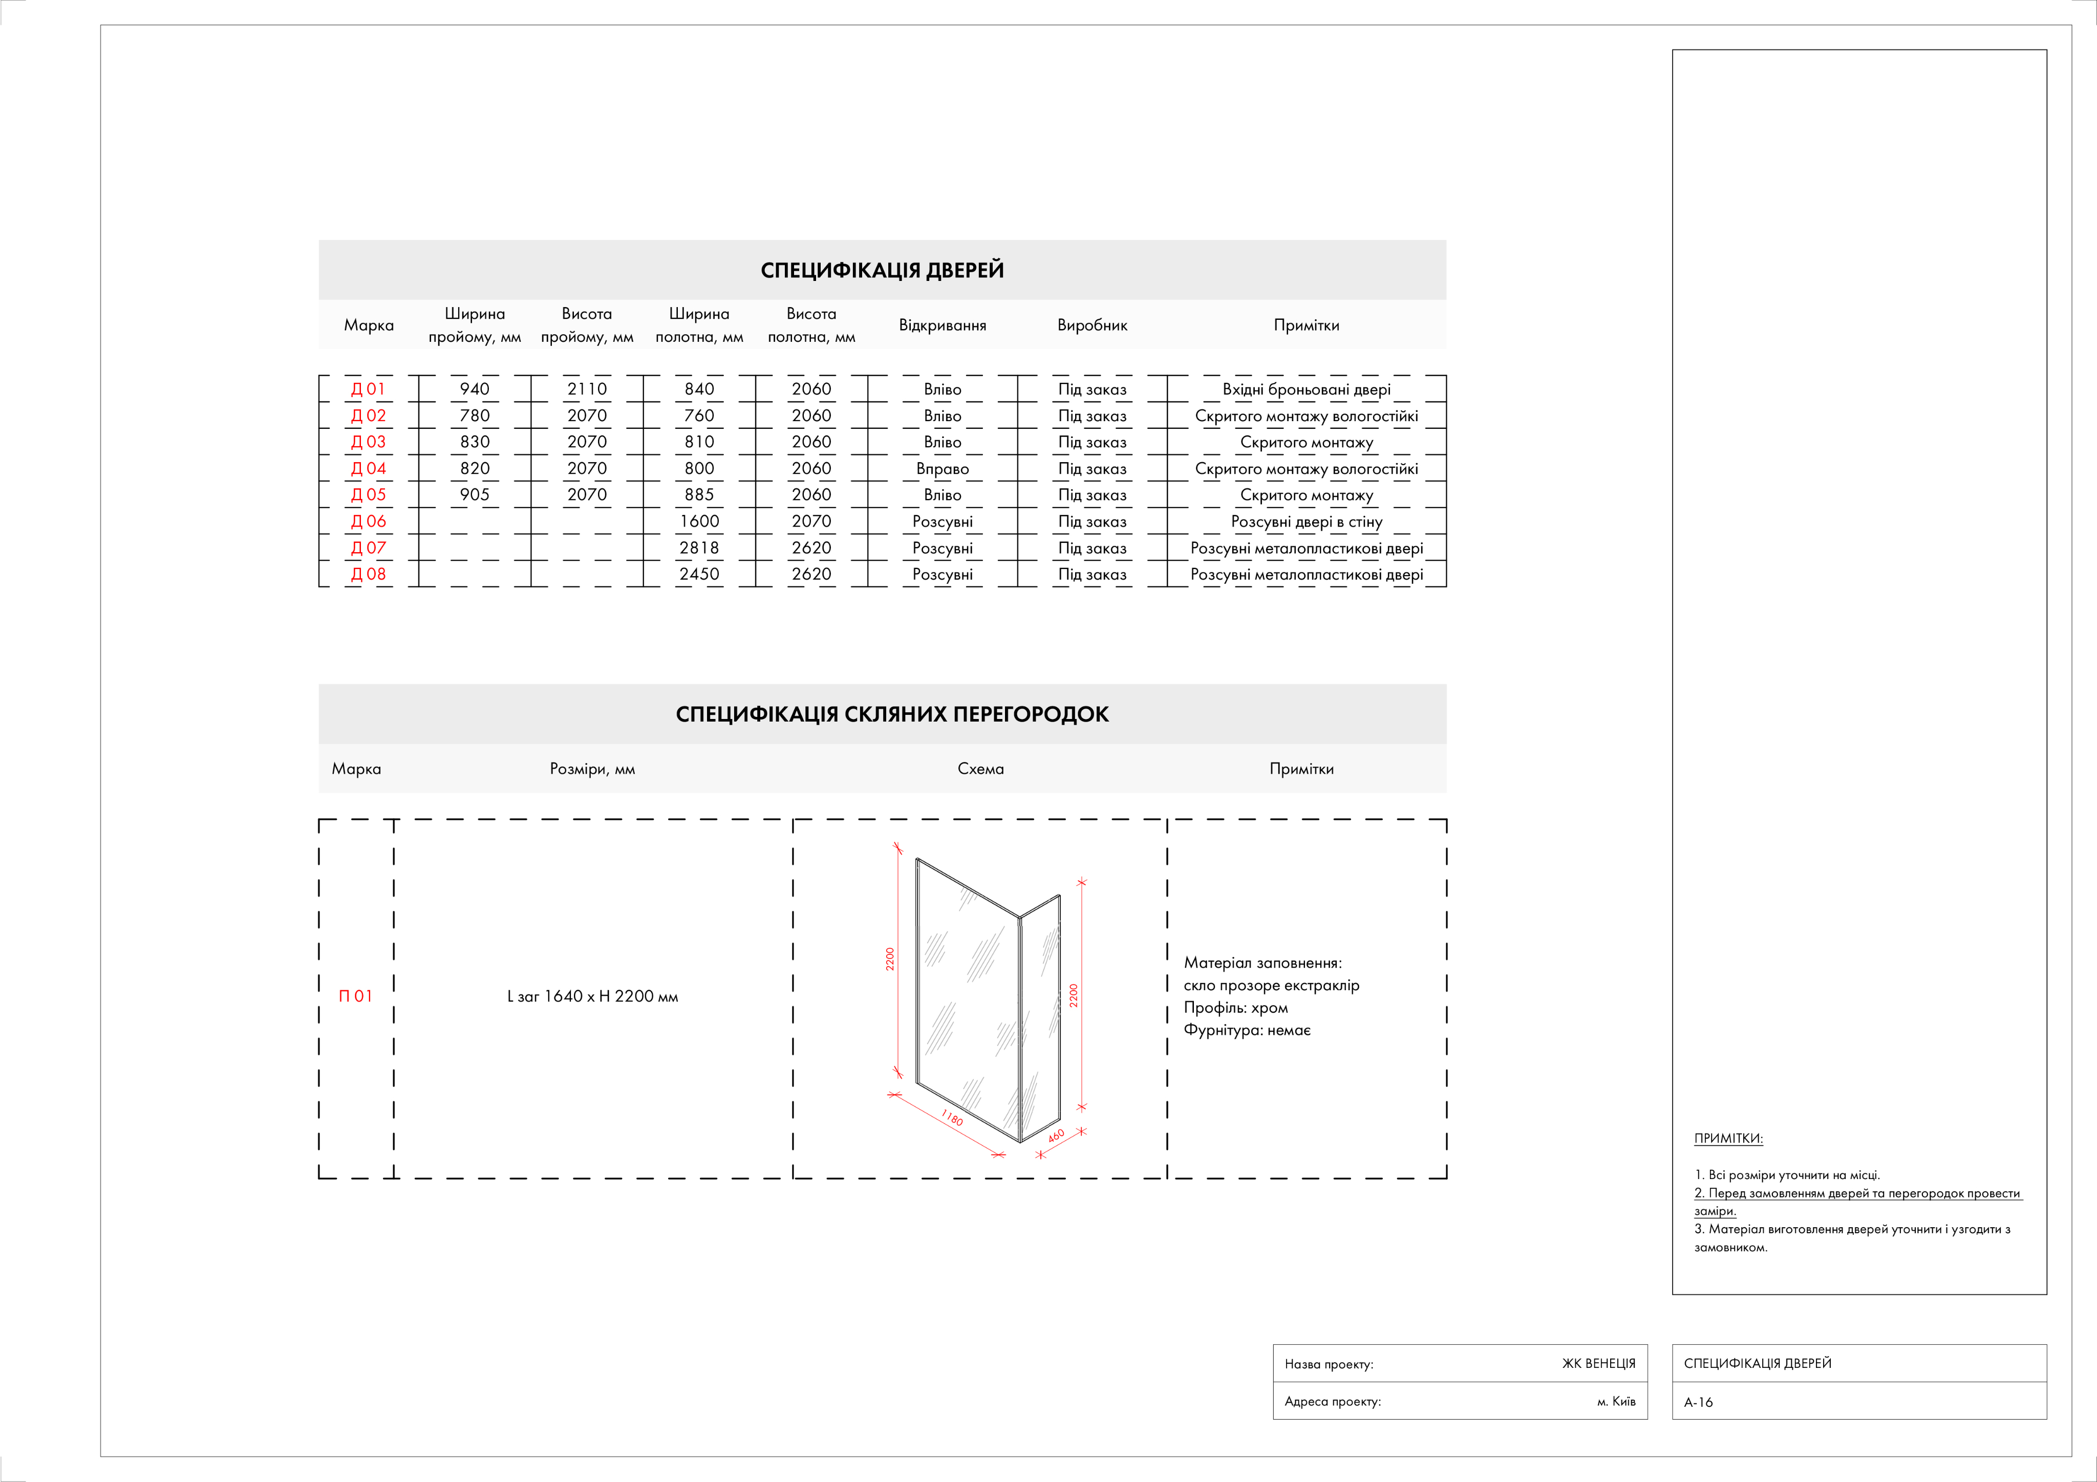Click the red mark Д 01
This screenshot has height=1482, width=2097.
pyautogui.click(x=368, y=389)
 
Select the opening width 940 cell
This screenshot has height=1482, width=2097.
pyautogui.click(x=475, y=389)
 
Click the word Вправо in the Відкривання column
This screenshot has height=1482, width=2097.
pyautogui.click(x=943, y=468)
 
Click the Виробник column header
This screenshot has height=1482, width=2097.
pyautogui.click(x=1093, y=325)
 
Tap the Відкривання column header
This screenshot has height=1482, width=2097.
pyautogui.click(x=943, y=325)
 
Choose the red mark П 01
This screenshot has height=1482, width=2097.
pyautogui.click(x=355, y=996)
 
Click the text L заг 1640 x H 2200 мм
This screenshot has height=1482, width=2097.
pyautogui.click(x=593, y=996)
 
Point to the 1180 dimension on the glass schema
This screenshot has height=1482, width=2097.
pyautogui.click(x=952, y=1118)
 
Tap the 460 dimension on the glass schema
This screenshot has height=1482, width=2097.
pyautogui.click(x=1057, y=1136)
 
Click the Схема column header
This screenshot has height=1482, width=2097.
pyautogui.click(x=980, y=769)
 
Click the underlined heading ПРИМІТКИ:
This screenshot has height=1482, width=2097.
pyautogui.click(x=1728, y=1139)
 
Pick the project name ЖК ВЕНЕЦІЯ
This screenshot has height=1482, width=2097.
pyautogui.click(x=1598, y=1363)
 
